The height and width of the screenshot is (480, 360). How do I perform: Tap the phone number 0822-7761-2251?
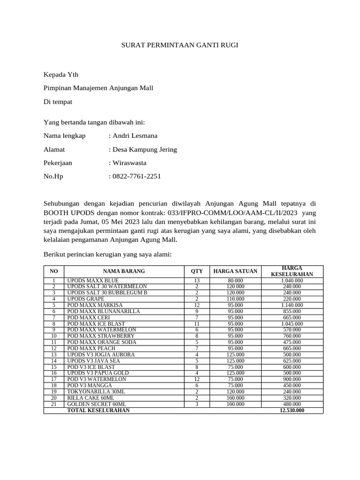click(x=136, y=177)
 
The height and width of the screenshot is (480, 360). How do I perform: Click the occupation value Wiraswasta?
click(x=129, y=163)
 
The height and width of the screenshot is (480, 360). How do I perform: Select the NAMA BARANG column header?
click(x=124, y=271)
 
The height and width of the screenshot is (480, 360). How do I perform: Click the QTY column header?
click(x=197, y=271)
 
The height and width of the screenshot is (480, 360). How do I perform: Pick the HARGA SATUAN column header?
click(x=235, y=271)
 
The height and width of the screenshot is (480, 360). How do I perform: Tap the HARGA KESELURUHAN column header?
click(x=292, y=271)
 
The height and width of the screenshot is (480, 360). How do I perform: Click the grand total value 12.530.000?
click(x=292, y=410)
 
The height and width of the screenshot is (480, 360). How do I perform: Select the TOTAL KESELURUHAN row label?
click(x=98, y=410)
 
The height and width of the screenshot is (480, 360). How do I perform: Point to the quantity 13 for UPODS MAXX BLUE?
click(x=197, y=280)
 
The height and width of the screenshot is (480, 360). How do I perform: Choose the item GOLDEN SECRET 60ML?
click(x=97, y=404)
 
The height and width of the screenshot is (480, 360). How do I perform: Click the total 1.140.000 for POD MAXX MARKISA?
click(x=292, y=305)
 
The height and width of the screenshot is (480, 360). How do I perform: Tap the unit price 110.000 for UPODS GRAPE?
click(x=235, y=299)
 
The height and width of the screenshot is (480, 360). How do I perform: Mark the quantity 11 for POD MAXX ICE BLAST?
click(x=197, y=323)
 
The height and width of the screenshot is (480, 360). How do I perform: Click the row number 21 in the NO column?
click(x=54, y=404)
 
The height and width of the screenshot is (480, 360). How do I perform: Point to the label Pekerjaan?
click(x=58, y=163)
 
